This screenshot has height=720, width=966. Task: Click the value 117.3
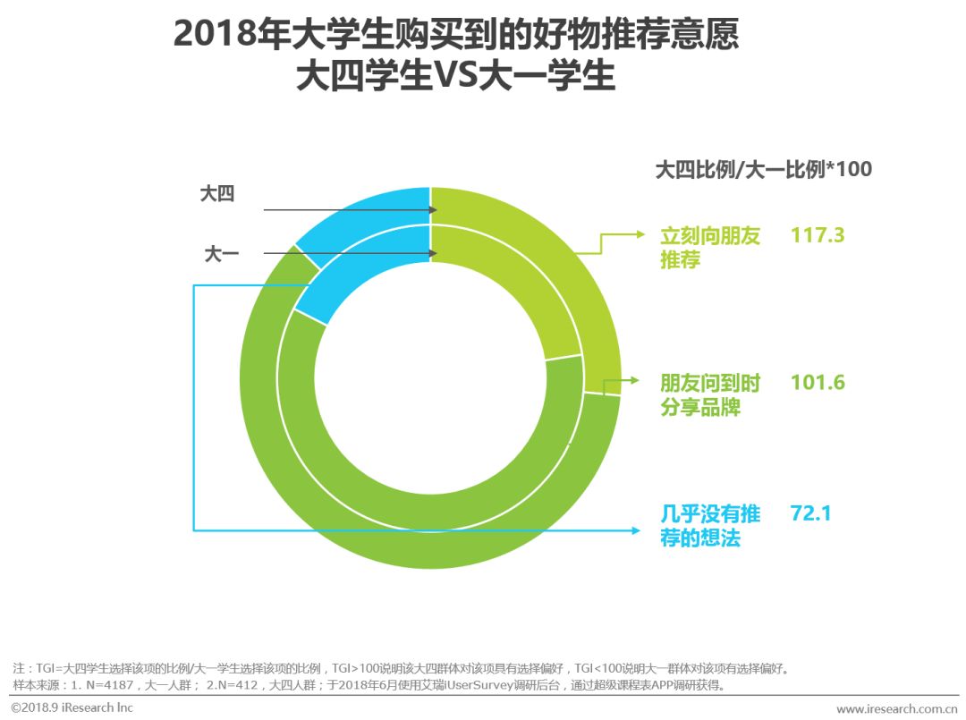click(818, 235)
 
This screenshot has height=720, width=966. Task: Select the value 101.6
click(818, 382)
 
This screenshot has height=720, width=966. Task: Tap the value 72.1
click(810, 513)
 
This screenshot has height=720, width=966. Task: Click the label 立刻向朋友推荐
click(709, 248)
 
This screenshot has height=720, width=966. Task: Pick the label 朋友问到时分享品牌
click(709, 394)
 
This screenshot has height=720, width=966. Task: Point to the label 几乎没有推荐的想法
click(709, 526)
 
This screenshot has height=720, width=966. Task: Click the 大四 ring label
click(216, 194)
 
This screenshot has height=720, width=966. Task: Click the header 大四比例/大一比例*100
click(763, 169)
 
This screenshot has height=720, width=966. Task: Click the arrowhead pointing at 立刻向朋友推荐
click(640, 235)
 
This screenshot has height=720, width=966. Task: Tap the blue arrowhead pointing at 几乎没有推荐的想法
click(638, 530)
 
